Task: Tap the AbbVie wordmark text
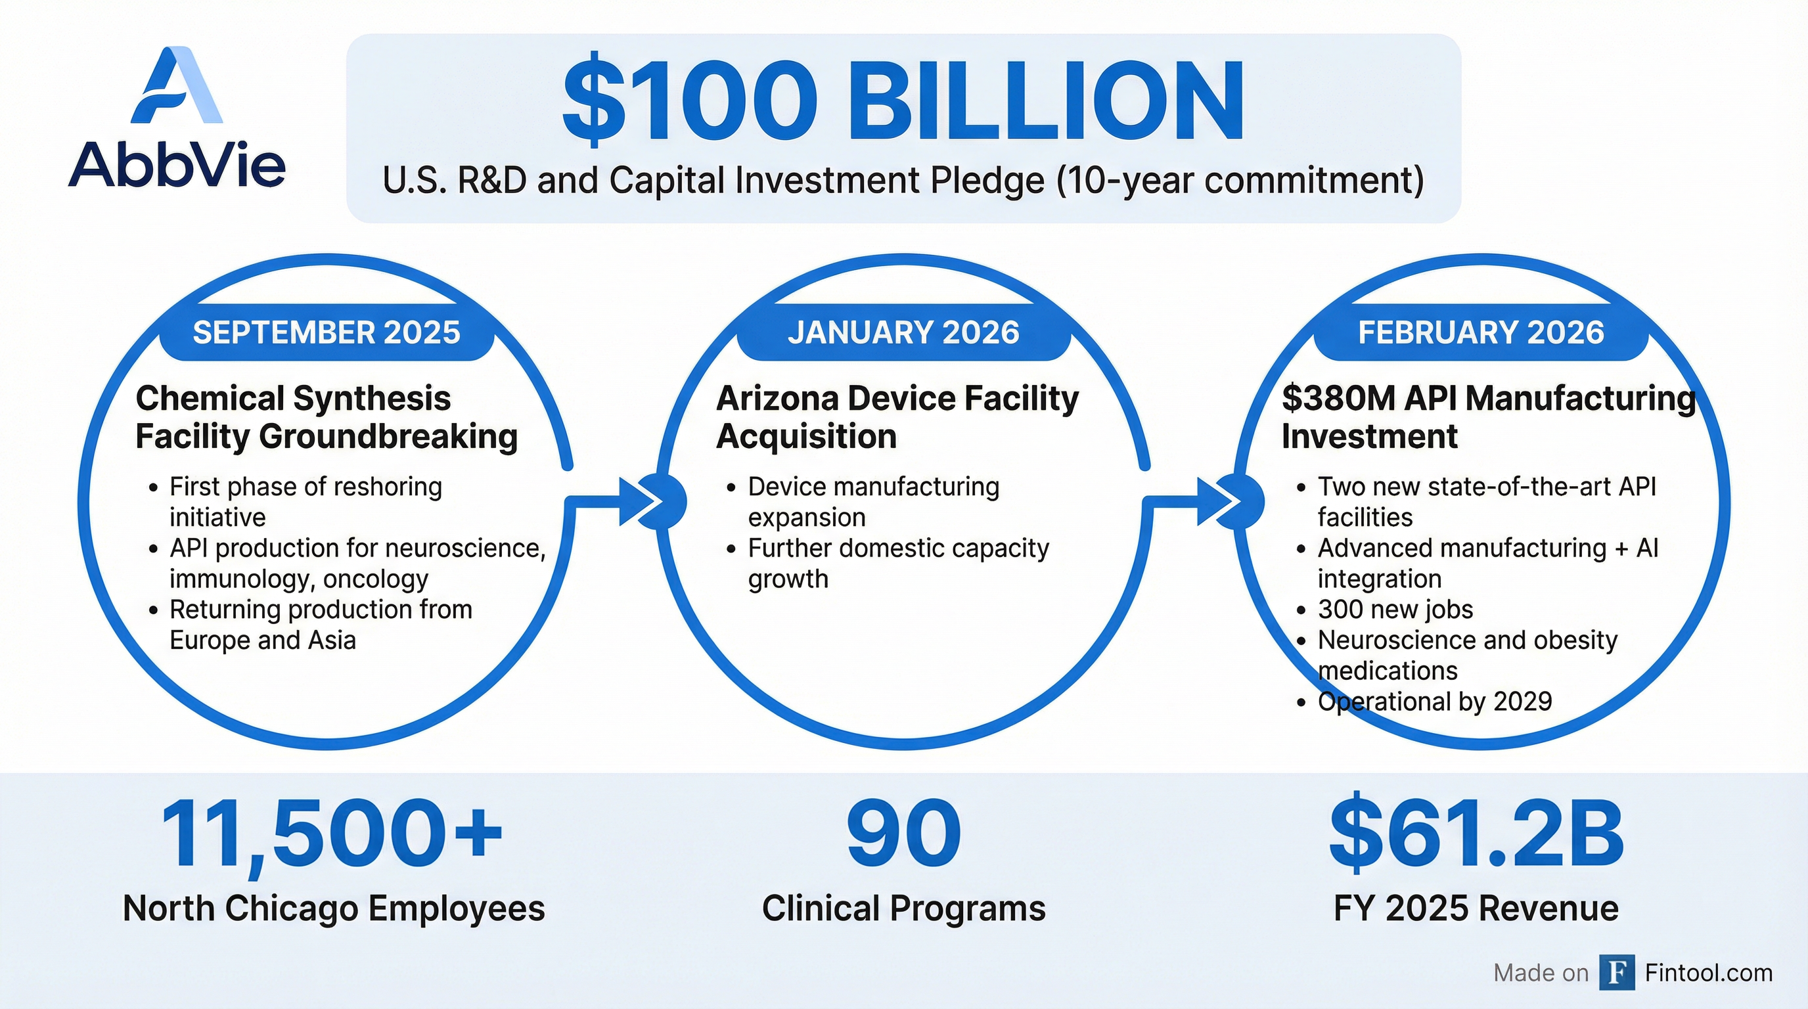(x=177, y=166)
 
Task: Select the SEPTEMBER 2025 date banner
(x=327, y=332)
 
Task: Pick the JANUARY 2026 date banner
(x=903, y=332)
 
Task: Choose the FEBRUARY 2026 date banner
(x=1481, y=332)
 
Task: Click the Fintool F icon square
(x=1617, y=972)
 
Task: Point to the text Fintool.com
(x=1708, y=972)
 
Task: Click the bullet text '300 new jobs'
(x=1395, y=609)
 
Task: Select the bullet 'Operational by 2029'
(x=1435, y=701)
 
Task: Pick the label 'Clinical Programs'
(x=903, y=908)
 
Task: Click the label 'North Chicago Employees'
(x=333, y=908)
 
